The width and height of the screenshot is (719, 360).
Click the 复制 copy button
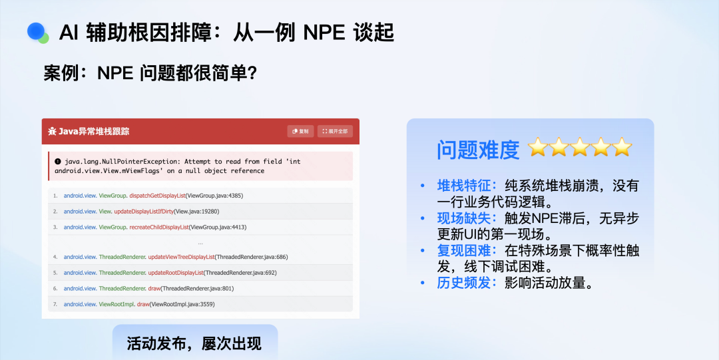point(300,131)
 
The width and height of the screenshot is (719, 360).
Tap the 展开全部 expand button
point(335,131)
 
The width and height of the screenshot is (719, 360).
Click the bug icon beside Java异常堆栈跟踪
point(53,131)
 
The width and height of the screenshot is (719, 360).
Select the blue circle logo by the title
point(37,32)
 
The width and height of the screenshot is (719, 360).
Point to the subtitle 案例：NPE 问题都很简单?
point(150,73)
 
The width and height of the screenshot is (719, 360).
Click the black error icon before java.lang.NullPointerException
point(58,162)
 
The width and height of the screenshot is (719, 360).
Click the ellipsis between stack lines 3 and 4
point(200,243)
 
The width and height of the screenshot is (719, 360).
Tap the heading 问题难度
point(478,150)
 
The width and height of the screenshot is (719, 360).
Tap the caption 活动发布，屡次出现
point(194,343)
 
